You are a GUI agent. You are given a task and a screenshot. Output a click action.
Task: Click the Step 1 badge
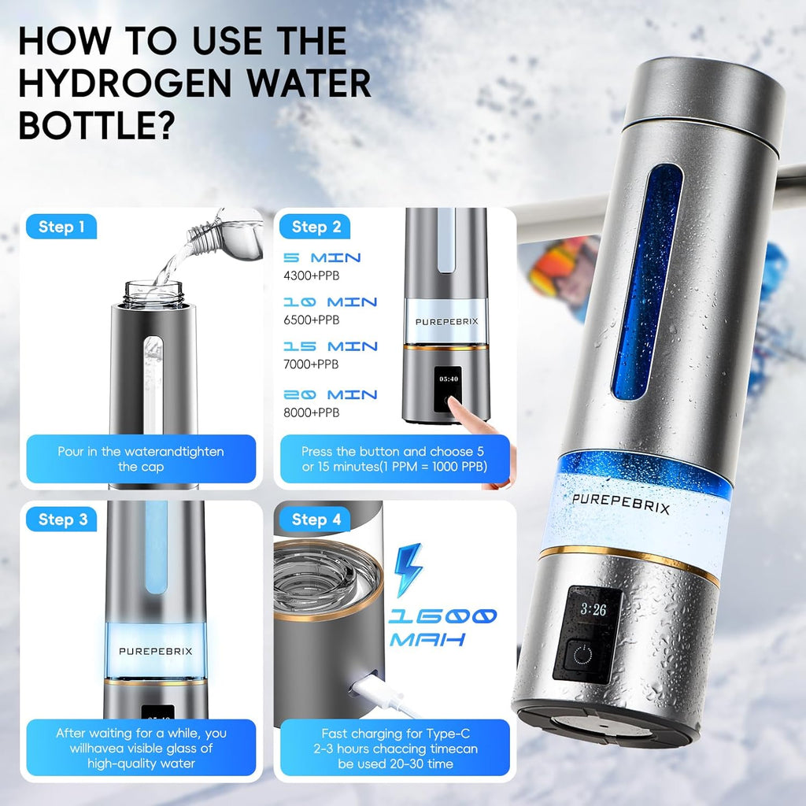[x=61, y=227]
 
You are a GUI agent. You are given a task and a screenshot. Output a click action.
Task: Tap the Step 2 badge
[x=316, y=227]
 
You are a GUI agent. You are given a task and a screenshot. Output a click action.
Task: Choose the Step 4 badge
[x=316, y=519]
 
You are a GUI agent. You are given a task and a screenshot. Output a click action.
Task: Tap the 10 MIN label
[x=331, y=302]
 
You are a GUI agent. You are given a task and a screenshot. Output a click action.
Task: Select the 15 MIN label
[x=331, y=346]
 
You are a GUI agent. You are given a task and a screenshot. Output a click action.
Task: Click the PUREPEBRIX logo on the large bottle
[x=621, y=503]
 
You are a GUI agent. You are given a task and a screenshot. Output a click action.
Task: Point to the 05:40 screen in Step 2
[x=449, y=379]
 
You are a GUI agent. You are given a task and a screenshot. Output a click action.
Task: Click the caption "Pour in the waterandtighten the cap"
[x=141, y=459]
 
